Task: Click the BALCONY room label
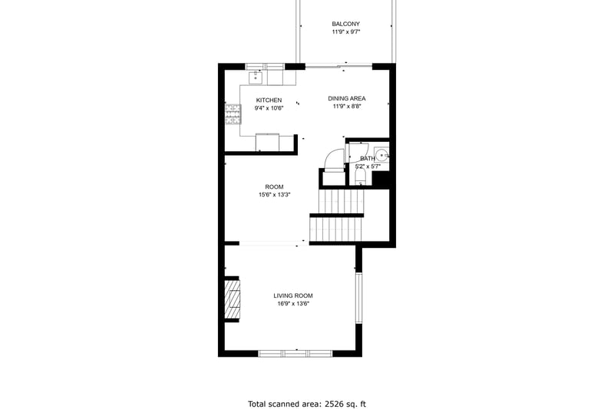click(346, 24)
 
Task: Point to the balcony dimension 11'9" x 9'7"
click(346, 31)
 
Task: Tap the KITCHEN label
click(269, 101)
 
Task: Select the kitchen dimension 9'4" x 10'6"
click(269, 108)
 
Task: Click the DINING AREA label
click(347, 98)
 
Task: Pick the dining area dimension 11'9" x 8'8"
click(347, 106)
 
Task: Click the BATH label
click(368, 159)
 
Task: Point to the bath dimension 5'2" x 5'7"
click(368, 167)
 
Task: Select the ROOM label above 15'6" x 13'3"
click(274, 186)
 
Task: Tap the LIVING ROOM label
click(293, 295)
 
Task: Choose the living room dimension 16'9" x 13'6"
click(293, 303)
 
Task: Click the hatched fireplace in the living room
click(232, 300)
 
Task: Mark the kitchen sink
click(256, 77)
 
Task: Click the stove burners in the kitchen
click(233, 114)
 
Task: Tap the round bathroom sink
click(381, 155)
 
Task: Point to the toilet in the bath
click(360, 177)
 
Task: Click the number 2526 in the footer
click(333, 404)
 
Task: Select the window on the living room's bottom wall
click(295, 354)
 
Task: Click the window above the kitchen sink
click(265, 67)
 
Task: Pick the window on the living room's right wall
click(358, 298)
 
